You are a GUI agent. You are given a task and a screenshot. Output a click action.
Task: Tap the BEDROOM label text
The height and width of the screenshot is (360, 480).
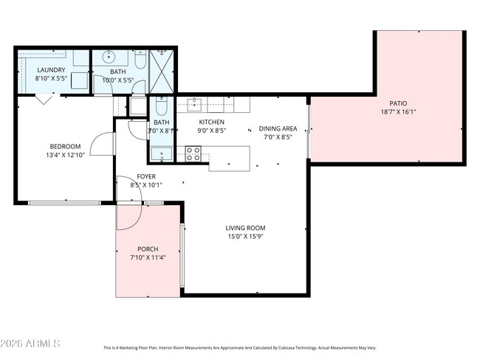coord(65,145)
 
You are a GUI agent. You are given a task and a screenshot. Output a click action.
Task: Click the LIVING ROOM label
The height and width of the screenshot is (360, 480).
coord(245,228)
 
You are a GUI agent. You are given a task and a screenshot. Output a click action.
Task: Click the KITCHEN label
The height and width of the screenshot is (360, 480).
coord(212,122)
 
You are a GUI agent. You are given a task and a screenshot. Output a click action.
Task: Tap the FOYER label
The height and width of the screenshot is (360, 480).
coord(145,176)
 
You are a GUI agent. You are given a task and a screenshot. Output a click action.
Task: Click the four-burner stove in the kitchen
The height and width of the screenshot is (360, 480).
coord(193,153)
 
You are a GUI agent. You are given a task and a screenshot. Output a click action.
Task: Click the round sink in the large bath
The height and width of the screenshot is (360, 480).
coord(110,56)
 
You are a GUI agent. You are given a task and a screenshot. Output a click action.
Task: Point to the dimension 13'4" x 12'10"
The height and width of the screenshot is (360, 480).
coord(65,155)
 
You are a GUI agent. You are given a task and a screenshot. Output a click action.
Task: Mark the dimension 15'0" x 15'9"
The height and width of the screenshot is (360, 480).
coord(245,238)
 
